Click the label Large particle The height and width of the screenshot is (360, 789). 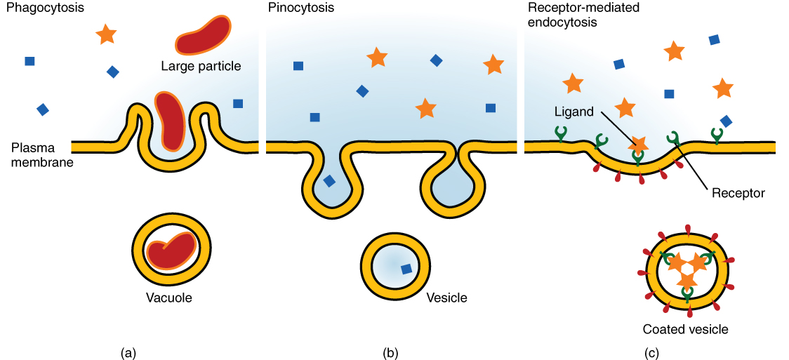(201, 67)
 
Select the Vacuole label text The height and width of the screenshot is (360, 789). (168, 298)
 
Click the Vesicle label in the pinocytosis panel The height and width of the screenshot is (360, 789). (446, 298)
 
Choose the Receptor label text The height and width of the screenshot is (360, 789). (737, 192)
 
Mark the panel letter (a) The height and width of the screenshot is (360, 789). (128, 353)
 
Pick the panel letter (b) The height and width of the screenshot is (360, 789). (391, 353)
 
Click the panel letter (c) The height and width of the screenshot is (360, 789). (652, 353)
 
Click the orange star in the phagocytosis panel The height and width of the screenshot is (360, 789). (106, 34)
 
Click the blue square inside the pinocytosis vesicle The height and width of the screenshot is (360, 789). (406, 269)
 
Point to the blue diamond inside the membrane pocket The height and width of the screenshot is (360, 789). (329, 180)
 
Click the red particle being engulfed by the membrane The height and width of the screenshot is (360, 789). (169, 119)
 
